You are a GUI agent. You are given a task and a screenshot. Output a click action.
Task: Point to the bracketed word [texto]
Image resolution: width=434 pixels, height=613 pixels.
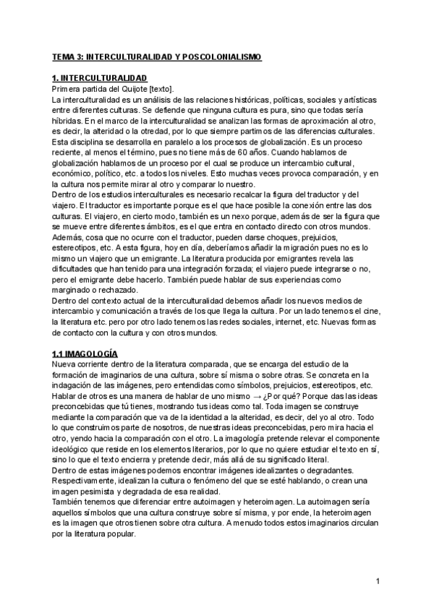159,87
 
